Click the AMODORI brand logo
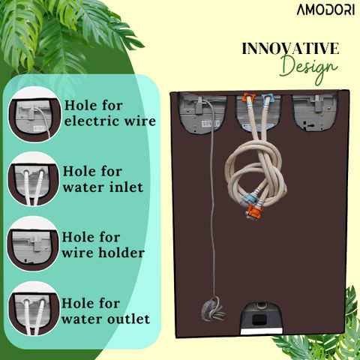(325, 10)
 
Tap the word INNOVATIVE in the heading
(290, 49)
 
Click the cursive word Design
(309, 68)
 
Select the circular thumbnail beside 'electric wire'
(34, 115)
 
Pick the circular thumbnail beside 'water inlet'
(34, 180)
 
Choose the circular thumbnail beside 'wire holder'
(34, 244)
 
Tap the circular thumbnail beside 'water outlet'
(34, 309)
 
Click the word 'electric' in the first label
(92, 121)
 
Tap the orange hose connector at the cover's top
(249, 97)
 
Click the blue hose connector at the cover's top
(267, 97)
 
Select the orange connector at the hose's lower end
(255, 211)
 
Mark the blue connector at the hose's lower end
(247, 199)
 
